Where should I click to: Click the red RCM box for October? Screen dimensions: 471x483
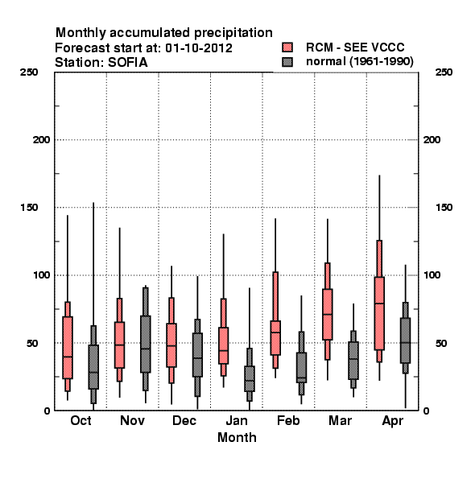[68, 348]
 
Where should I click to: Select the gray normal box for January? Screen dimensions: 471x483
[250, 378]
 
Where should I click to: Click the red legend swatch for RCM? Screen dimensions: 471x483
[287, 47]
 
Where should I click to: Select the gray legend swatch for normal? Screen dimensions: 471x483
[287, 62]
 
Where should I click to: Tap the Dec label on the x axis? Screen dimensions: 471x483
[184, 420]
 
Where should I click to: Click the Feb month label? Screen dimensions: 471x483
[288, 420]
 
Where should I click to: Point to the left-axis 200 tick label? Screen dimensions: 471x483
[42, 140]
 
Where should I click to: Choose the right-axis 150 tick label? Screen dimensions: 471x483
[444, 208]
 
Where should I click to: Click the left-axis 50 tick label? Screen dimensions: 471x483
[31, 343]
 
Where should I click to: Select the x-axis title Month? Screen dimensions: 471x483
[237, 437]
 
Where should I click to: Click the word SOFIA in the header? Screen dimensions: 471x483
[128, 63]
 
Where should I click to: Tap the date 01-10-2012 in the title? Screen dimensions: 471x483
[199, 48]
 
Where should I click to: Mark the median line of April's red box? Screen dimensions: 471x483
[379, 303]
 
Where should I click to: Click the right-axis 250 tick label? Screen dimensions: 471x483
[444, 72]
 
